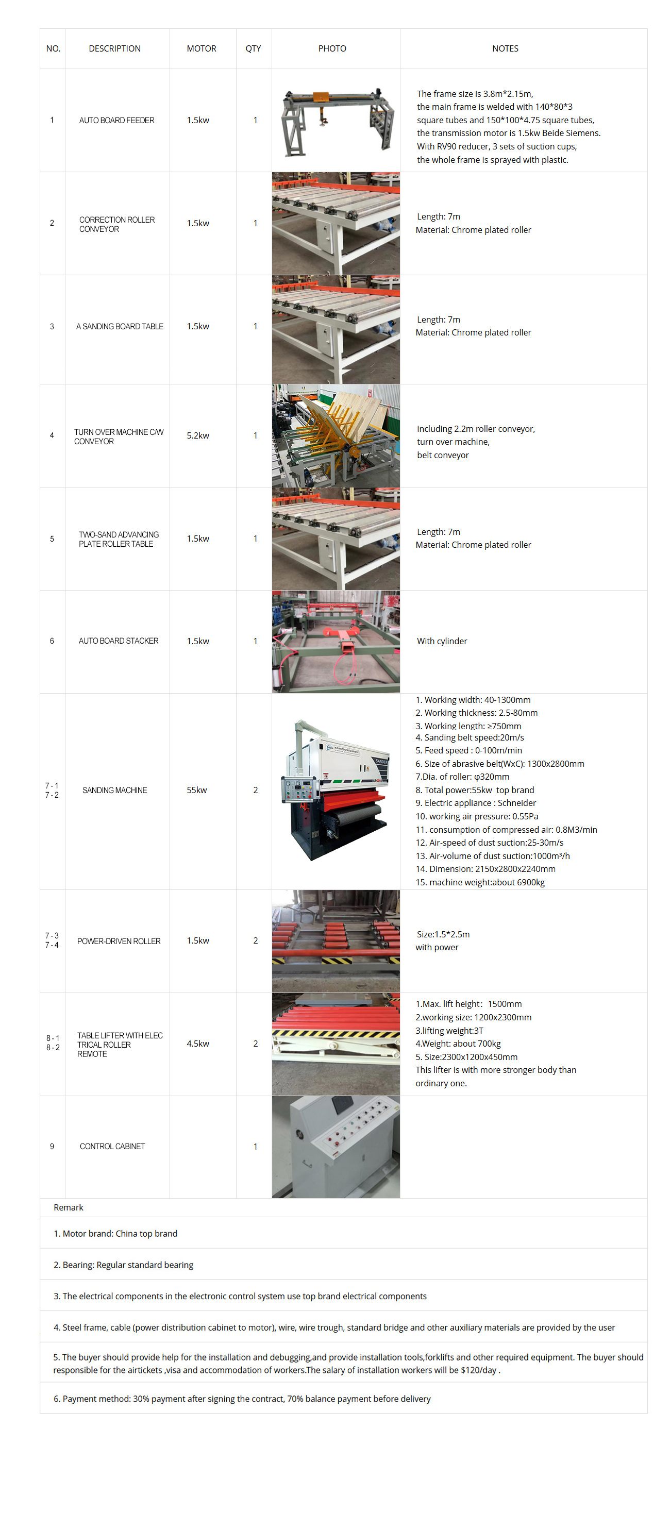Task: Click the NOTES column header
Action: [x=505, y=49]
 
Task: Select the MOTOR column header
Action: [x=202, y=49]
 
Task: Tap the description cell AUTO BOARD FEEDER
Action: [x=117, y=121]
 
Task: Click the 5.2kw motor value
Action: [x=198, y=435]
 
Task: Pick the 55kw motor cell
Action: [x=197, y=790]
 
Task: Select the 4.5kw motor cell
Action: [x=198, y=1044]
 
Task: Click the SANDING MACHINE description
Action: [x=114, y=791]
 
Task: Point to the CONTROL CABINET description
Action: [x=112, y=1147]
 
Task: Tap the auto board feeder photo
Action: [x=336, y=121]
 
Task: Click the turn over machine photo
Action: [x=336, y=435]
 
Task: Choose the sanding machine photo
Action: [x=336, y=791]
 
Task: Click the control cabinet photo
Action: [x=336, y=1147]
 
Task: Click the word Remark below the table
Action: [x=68, y=1207]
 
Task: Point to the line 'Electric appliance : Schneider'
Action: [x=476, y=803]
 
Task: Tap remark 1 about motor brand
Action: [x=115, y=1233]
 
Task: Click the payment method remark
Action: [x=242, y=1399]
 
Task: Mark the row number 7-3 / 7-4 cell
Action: [x=52, y=940]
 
